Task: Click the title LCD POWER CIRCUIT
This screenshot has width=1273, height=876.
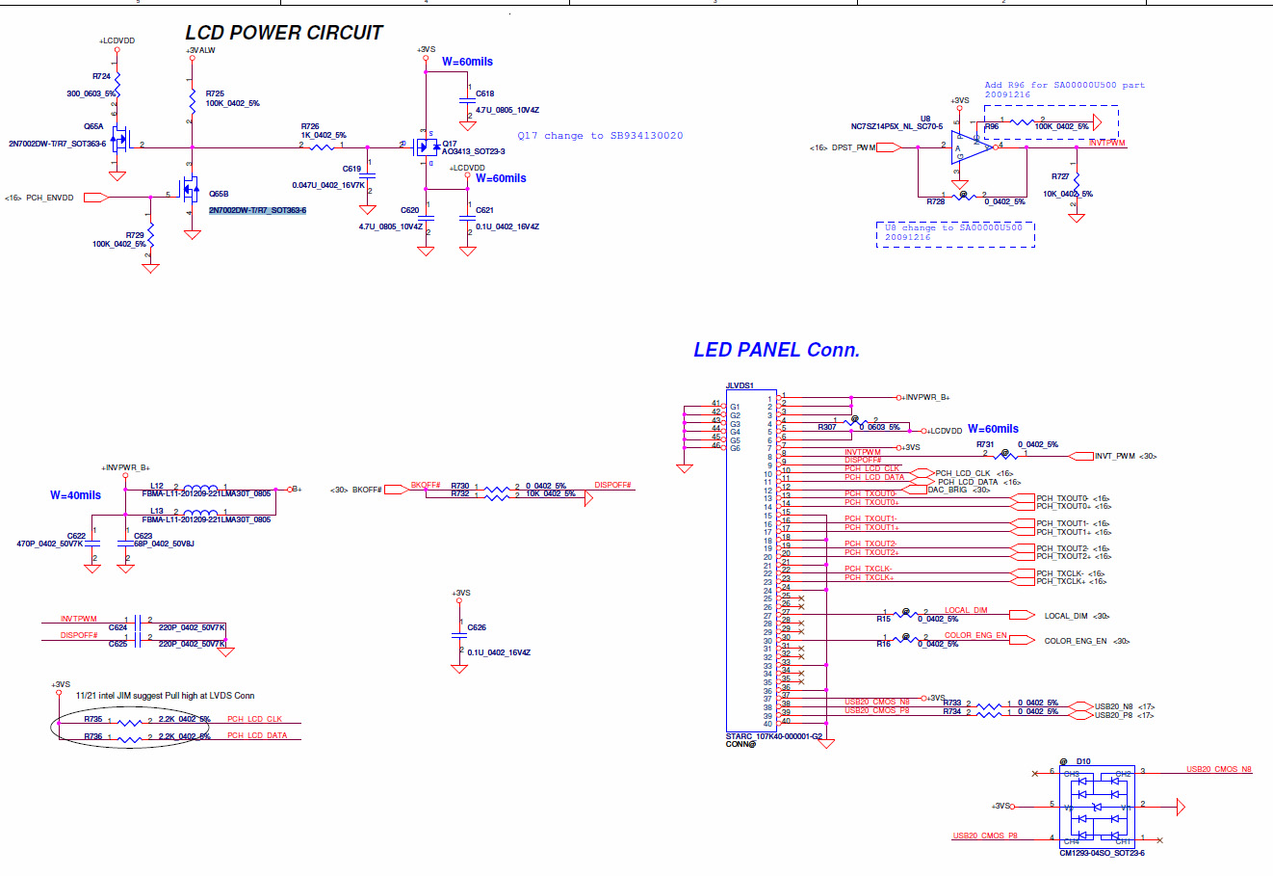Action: point(284,33)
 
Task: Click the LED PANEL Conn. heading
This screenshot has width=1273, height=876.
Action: point(776,350)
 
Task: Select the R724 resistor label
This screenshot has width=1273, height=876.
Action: point(101,76)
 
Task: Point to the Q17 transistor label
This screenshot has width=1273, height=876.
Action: point(450,144)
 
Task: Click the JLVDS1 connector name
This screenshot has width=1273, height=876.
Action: point(740,385)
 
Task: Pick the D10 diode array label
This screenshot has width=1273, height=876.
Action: point(1083,761)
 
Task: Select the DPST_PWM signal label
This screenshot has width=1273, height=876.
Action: point(853,147)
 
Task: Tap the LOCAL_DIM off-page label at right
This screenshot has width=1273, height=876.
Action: point(1065,616)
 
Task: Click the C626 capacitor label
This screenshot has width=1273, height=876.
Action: point(477,627)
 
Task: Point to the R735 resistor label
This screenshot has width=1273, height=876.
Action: point(93,719)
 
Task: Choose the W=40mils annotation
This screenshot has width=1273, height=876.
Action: point(75,495)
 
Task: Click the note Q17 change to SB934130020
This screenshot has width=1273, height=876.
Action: point(600,136)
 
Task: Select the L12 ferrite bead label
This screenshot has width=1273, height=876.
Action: point(157,486)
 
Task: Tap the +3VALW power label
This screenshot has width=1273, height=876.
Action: point(200,50)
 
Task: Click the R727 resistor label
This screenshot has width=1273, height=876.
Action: point(1060,176)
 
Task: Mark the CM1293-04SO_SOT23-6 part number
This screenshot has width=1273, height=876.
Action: point(1102,853)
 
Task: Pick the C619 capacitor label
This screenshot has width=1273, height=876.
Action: point(351,169)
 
